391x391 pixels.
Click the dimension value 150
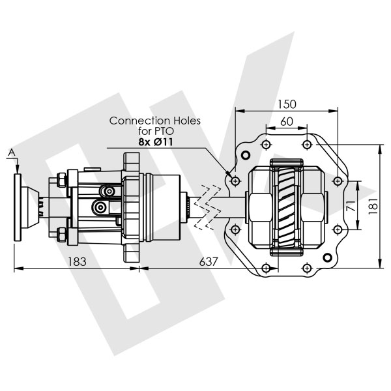[x=287, y=104]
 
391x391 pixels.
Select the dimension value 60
[x=287, y=122]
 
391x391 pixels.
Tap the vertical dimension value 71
[x=351, y=205]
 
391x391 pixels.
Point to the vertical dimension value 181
[x=373, y=206]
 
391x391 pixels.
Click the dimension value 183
[x=77, y=261]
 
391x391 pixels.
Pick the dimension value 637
[x=209, y=261]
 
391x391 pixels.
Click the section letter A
[x=11, y=152]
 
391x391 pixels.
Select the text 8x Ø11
[x=156, y=142]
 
